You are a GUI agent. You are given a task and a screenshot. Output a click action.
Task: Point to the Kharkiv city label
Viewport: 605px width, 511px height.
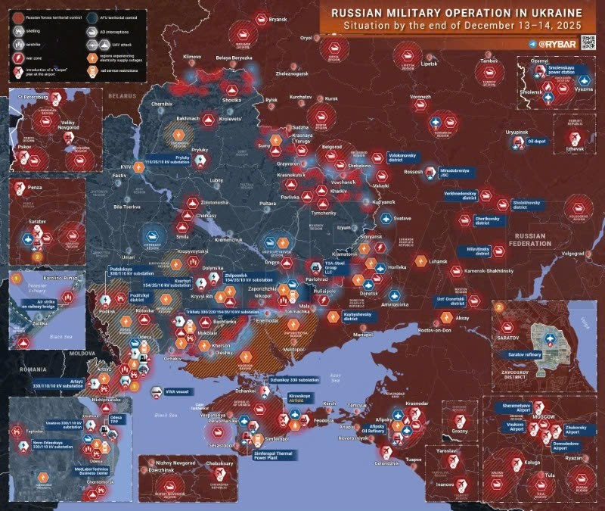point(338,191)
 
